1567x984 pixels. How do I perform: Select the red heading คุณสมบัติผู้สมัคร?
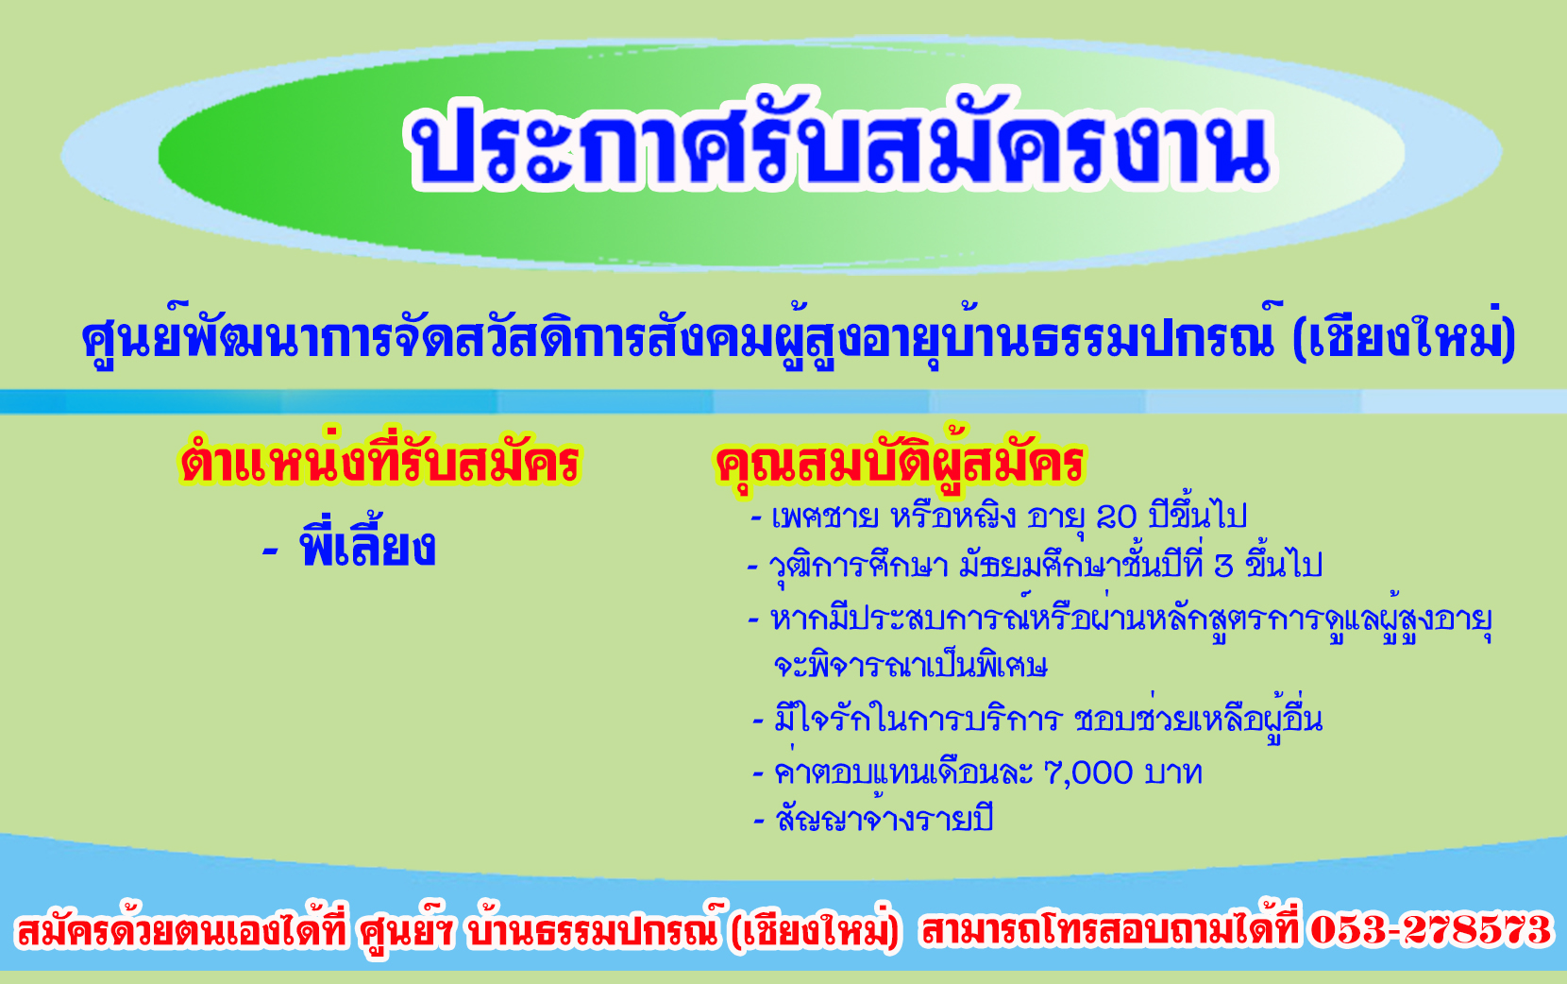click(x=900, y=461)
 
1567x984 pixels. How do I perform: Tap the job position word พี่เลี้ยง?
click(x=368, y=545)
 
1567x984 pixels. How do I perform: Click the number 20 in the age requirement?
click(x=1117, y=517)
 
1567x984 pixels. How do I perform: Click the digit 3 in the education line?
click(x=1224, y=567)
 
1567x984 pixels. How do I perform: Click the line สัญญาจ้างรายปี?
click(x=885, y=819)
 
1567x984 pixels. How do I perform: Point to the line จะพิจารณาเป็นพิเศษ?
click(x=910, y=665)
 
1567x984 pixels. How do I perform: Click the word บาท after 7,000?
click(x=1174, y=773)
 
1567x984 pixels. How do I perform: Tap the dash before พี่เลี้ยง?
click(x=271, y=551)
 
